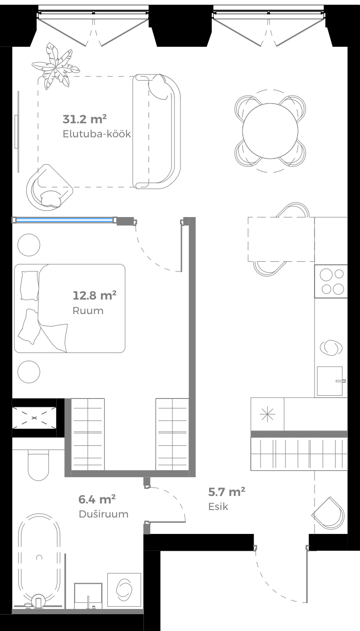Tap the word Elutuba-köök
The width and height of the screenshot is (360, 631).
[x=97, y=134]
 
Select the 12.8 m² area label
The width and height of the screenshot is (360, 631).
[x=95, y=295]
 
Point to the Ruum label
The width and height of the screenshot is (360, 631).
[x=88, y=311]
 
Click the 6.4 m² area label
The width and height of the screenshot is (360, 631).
[x=97, y=499]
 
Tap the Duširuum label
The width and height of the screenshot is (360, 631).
[x=104, y=514]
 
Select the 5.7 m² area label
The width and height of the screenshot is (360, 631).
[x=227, y=492]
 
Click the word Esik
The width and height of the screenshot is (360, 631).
[x=218, y=507]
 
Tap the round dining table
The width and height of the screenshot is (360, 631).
[x=270, y=131]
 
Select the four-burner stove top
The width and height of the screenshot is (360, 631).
[x=331, y=281]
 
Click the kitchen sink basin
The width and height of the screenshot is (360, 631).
[x=330, y=381]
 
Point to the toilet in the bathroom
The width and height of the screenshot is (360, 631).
[x=38, y=465]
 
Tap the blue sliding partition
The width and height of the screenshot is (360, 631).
[x=64, y=219]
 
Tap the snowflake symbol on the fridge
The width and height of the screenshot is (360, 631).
[x=267, y=414]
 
